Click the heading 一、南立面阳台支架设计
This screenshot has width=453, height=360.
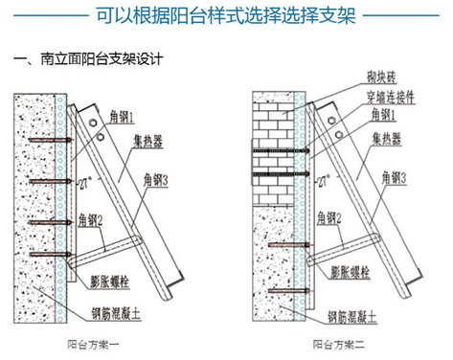[88, 58]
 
